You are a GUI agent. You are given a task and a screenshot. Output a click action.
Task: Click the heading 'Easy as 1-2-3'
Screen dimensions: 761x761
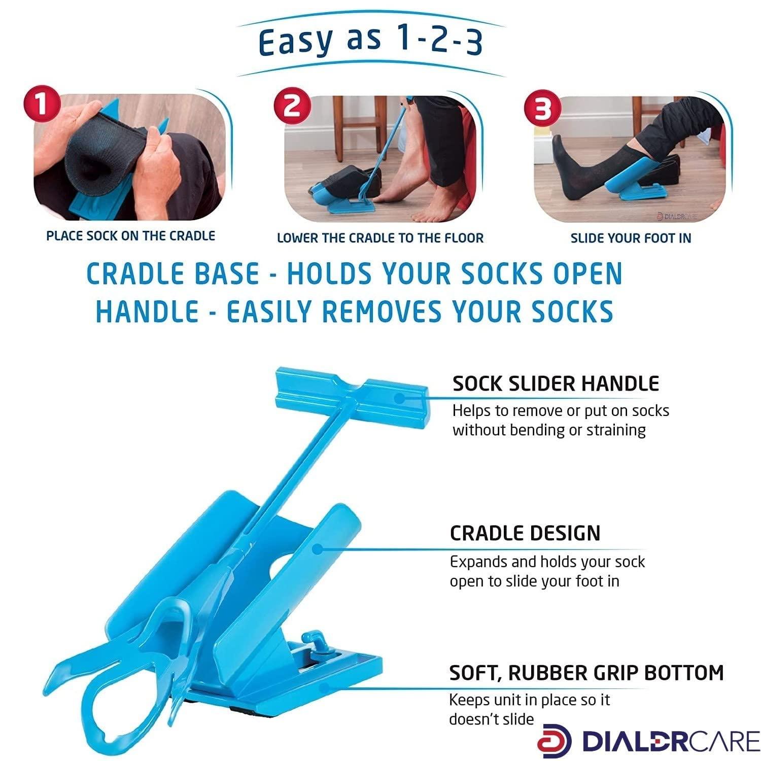pyautogui.click(x=370, y=42)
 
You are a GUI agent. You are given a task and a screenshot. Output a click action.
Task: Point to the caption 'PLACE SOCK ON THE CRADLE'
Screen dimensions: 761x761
pyautogui.click(x=130, y=236)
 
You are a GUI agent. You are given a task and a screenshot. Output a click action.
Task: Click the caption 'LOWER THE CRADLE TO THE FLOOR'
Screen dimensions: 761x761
pyautogui.click(x=380, y=238)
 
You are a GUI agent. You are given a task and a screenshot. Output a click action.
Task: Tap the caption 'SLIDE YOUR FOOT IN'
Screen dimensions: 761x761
pyautogui.click(x=631, y=238)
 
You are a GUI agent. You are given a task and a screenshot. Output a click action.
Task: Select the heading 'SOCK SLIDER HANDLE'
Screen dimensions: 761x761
pyautogui.click(x=556, y=384)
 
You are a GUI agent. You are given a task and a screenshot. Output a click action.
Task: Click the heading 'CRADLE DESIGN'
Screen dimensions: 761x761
pyautogui.click(x=525, y=533)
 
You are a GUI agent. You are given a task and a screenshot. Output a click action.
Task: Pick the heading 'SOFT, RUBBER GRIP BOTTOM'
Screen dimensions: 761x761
pyautogui.click(x=586, y=673)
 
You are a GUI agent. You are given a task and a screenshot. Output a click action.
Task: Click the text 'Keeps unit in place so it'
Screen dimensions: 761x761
pyautogui.click(x=529, y=700)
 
